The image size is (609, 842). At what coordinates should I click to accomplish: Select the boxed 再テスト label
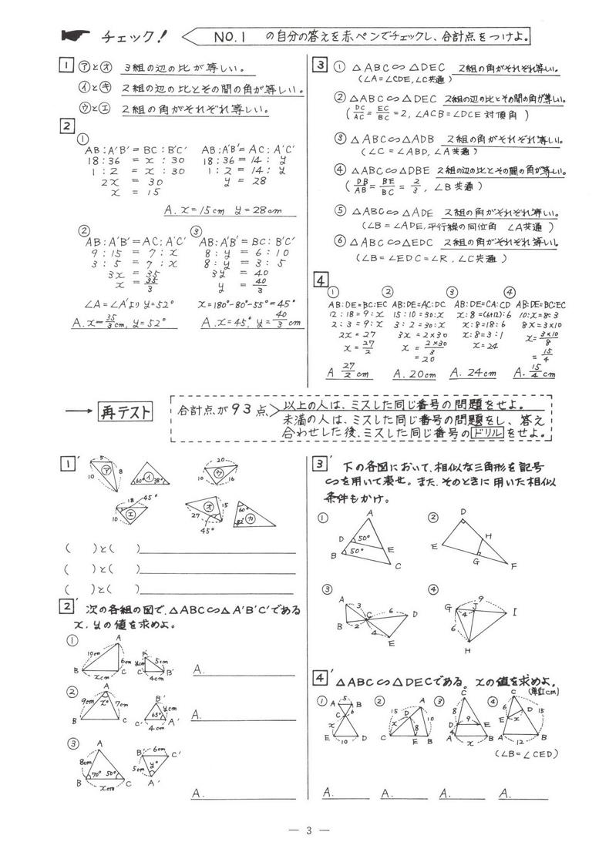(126, 411)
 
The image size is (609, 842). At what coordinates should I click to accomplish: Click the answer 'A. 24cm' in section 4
(471, 373)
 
